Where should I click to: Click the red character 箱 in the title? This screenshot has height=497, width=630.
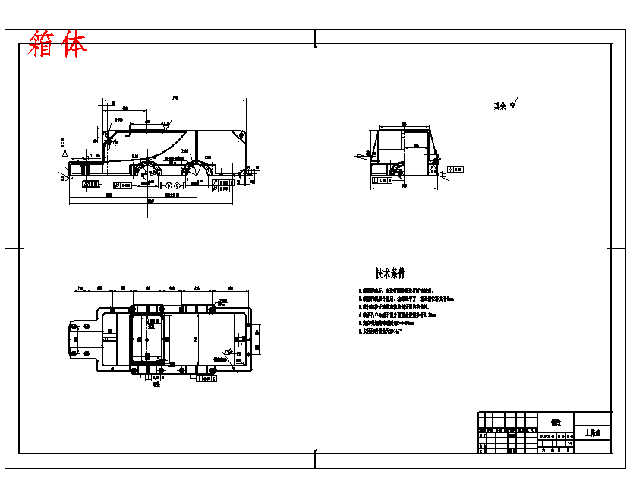43,45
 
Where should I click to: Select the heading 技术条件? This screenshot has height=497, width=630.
390,273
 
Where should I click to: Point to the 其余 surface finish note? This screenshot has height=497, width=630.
499,106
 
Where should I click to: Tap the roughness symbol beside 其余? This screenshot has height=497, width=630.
514,103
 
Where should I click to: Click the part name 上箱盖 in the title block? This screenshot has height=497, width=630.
592,433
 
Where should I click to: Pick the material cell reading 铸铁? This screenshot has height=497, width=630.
556,422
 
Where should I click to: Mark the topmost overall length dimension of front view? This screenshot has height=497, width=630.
175,98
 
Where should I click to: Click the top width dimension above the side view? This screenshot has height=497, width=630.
403,124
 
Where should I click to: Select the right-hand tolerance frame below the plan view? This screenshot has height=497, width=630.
206,378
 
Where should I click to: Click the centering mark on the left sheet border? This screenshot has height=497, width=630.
11,248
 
